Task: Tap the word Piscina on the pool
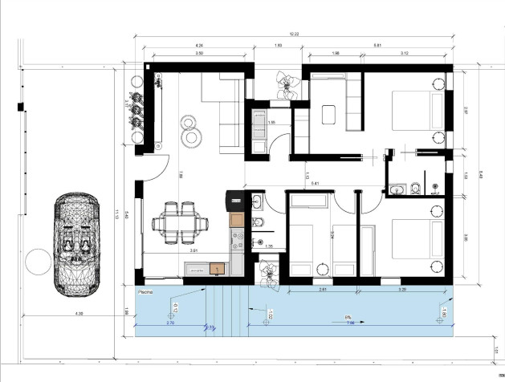(145, 292)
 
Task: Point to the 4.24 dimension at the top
(198, 46)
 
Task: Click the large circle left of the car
(36, 262)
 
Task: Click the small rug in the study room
(330, 115)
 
